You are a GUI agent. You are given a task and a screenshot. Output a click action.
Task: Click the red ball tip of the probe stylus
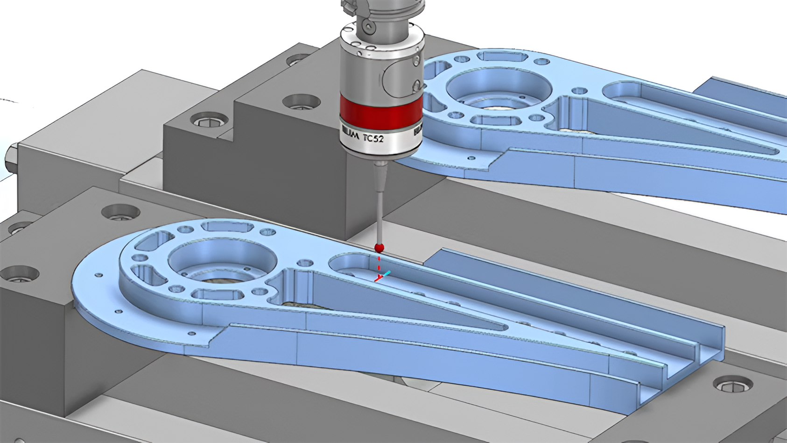tap(379, 248)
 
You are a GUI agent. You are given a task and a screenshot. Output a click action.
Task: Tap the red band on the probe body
tap(380, 110)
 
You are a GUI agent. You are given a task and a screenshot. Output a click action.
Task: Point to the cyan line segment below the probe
tap(387, 274)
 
